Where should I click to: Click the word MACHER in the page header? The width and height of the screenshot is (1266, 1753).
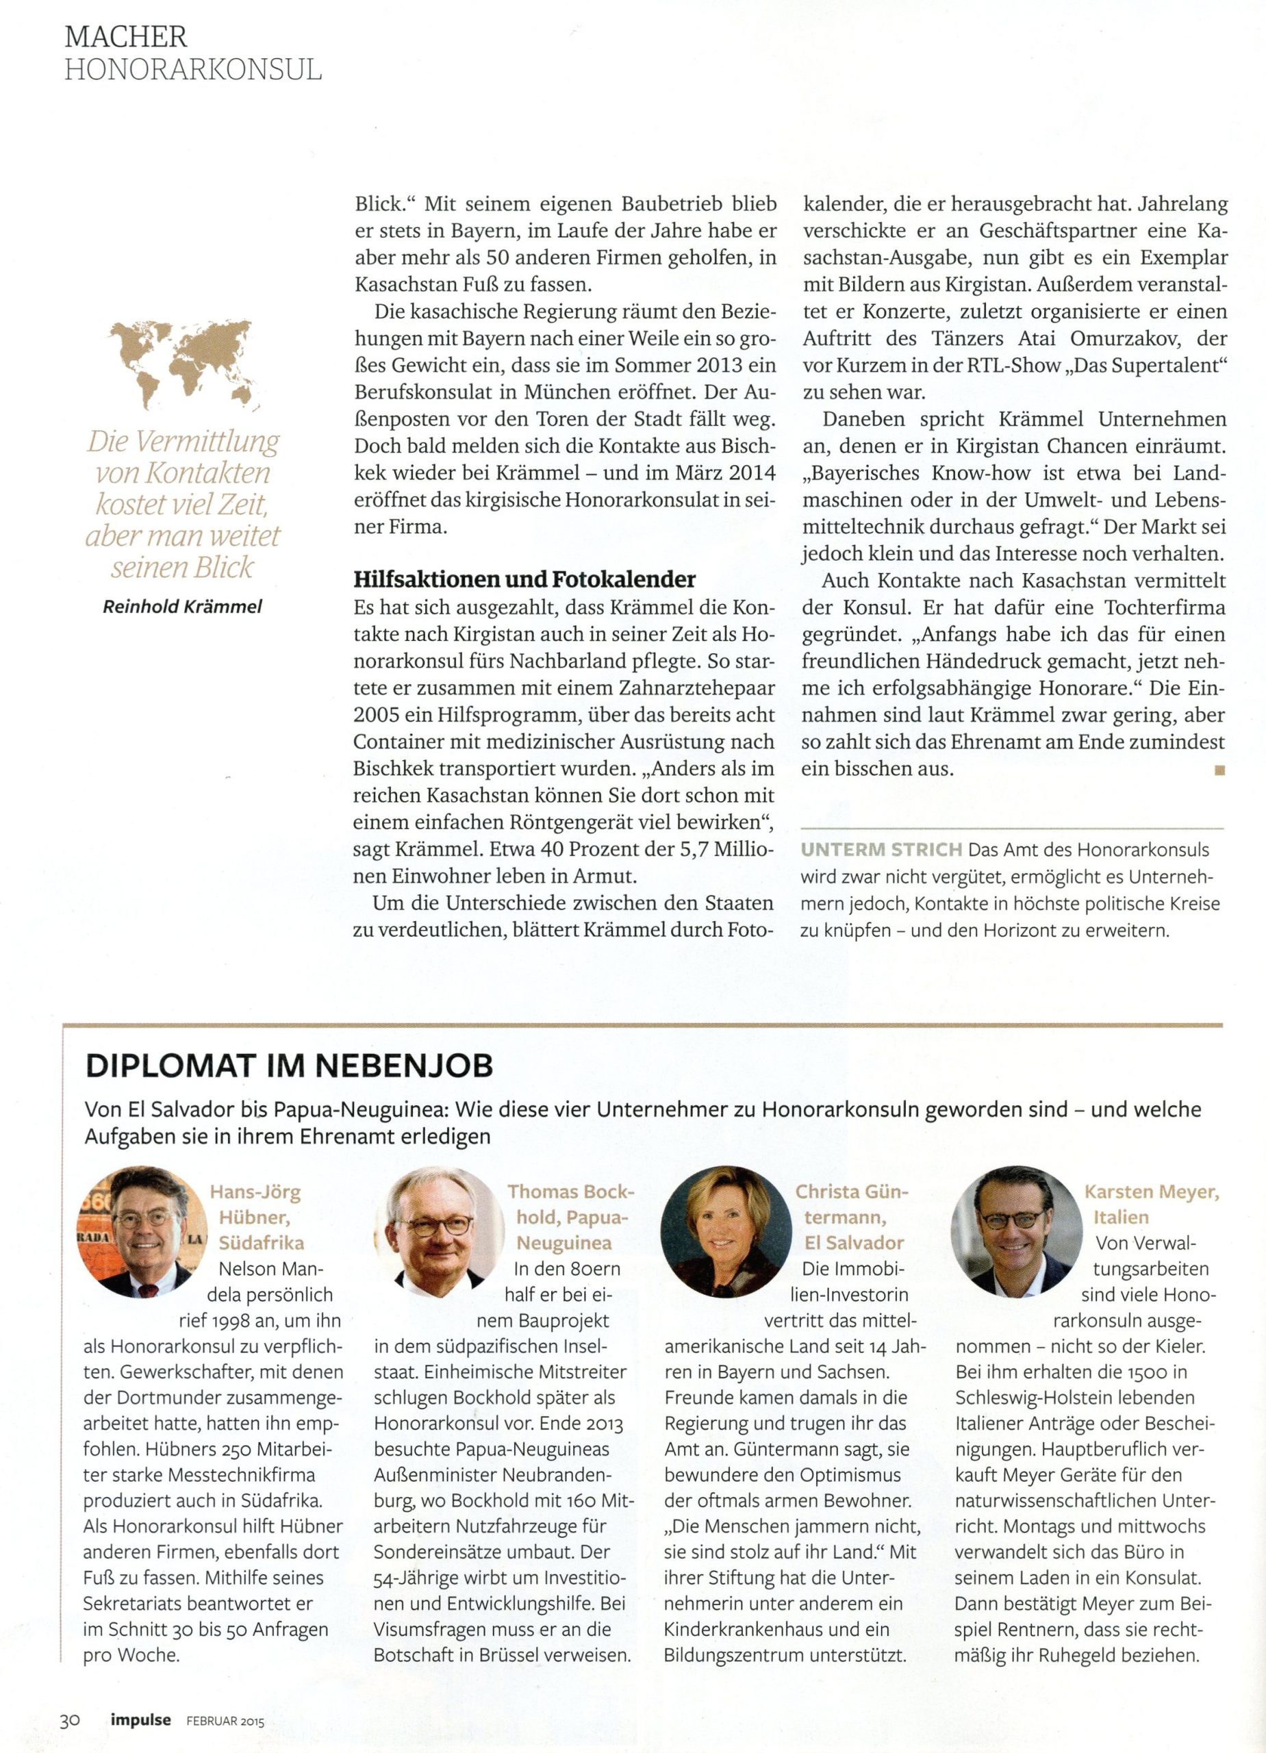pyautogui.click(x=125, y=36)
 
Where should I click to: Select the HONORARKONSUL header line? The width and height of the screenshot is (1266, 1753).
pyautogui.click(x=192, y=71)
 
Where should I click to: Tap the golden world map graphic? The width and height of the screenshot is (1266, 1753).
pyautogui.click(x=184, y=364)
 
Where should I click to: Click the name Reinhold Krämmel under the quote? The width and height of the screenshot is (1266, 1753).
pyautogui.click(x=182, y=607)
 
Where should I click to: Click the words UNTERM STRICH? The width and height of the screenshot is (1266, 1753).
pyautogui.click(x=881, y=849)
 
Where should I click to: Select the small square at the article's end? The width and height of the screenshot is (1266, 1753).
pyautogui.click(x=1219, y=770)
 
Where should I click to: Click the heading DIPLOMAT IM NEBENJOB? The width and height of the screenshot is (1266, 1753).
pyautogui.click(x=289, y=1066)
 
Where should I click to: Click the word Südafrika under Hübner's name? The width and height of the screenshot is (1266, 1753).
pyautogui.click(x=262, y=1243)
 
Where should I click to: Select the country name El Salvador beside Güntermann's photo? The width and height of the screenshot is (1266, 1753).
pyautogui.click(x=853, y=1243)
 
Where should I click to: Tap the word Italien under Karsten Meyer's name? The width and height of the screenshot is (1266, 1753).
pyautogui.click(x=1121, y=1218)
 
